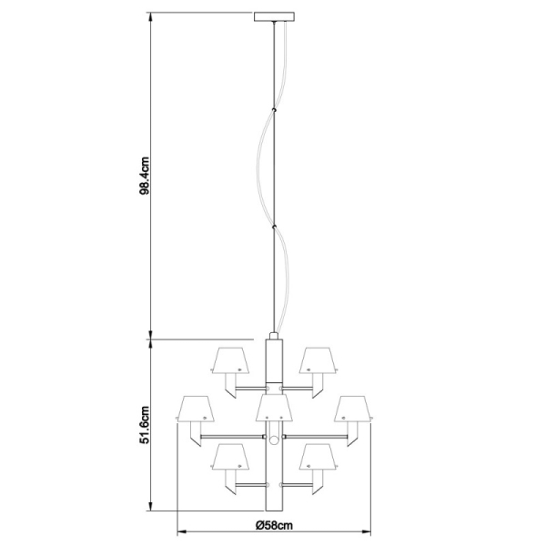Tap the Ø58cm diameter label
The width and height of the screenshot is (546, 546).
click(x=273, y=527)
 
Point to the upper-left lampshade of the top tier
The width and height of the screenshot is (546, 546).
click(x=229, y=361)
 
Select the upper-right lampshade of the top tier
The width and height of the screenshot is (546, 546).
click(x=317, y=361)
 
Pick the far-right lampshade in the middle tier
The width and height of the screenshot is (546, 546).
click(x=351, y=409)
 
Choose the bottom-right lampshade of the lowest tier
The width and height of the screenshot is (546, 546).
click(x=317, y=458)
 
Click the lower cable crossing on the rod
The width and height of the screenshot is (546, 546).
click(x=274, y=227)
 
